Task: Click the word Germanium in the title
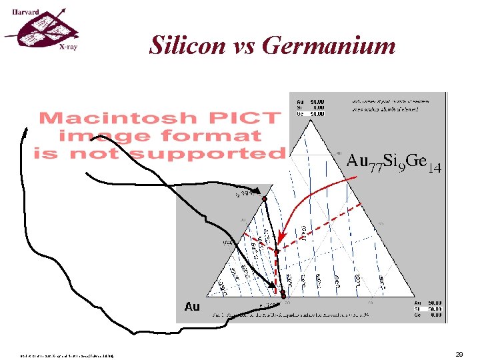pos(329,46)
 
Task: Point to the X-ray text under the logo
pos(67,48)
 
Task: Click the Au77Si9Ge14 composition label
pos(394,162)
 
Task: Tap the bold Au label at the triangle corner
pos(192,307)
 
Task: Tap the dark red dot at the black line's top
pos(264,199)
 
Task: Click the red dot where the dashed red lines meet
pos(277,251)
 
